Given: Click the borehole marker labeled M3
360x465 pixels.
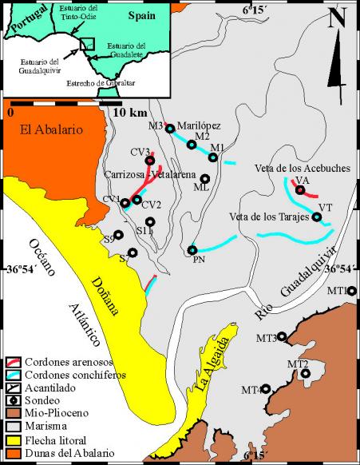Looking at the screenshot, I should pyautogui.click(x=169, y=128).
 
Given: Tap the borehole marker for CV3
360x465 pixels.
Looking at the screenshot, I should pyautogui.click(x=150, y=160).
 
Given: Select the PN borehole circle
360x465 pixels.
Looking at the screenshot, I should pyautogui.click(x=192, y=250).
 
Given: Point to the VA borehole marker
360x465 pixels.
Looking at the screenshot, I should pyautogui.click(x=300, y=189).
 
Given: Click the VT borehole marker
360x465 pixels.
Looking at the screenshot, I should pyautogui.click(x=317, y=217).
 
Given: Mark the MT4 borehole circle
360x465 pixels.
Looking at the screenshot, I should pyautogui.click(x=266, y=389).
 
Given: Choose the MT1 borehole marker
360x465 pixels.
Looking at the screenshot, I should pyautogui.click(x=352, y=291).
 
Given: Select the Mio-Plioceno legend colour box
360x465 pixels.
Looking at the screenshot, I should pyautogui.click(x=12, y=412).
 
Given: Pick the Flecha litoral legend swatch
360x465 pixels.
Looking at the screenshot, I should pyautogui.click(x=12, y=439).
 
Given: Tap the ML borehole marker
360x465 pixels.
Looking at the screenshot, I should pyautogui.click(x=205, y=179).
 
